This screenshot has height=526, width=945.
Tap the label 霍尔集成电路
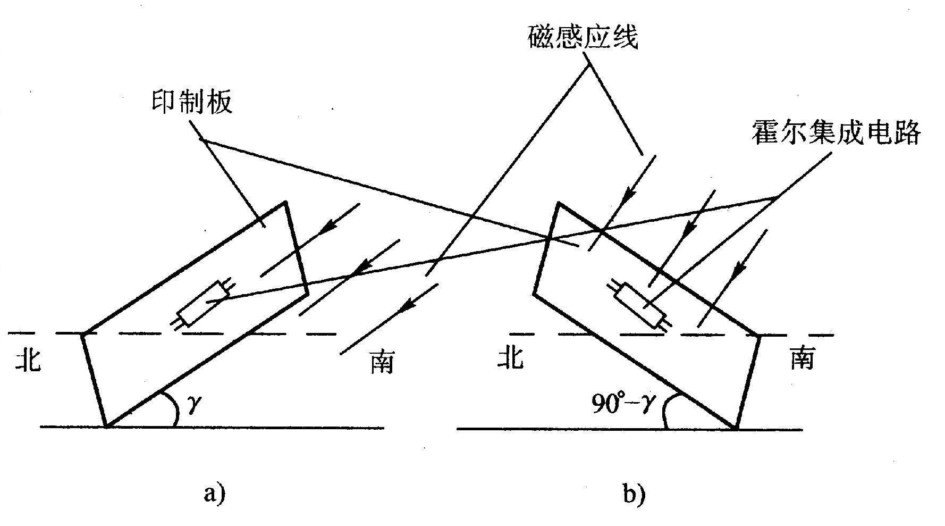click(836, 133)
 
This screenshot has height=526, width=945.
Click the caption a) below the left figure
click(215, 494)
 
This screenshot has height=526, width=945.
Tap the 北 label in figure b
click(511, 357)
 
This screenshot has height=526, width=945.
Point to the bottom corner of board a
click(107, 427)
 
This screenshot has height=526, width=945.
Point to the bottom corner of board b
click(737, 428)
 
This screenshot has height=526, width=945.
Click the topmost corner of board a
click(285, 203)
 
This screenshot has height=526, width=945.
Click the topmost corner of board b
click(558, 203)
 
